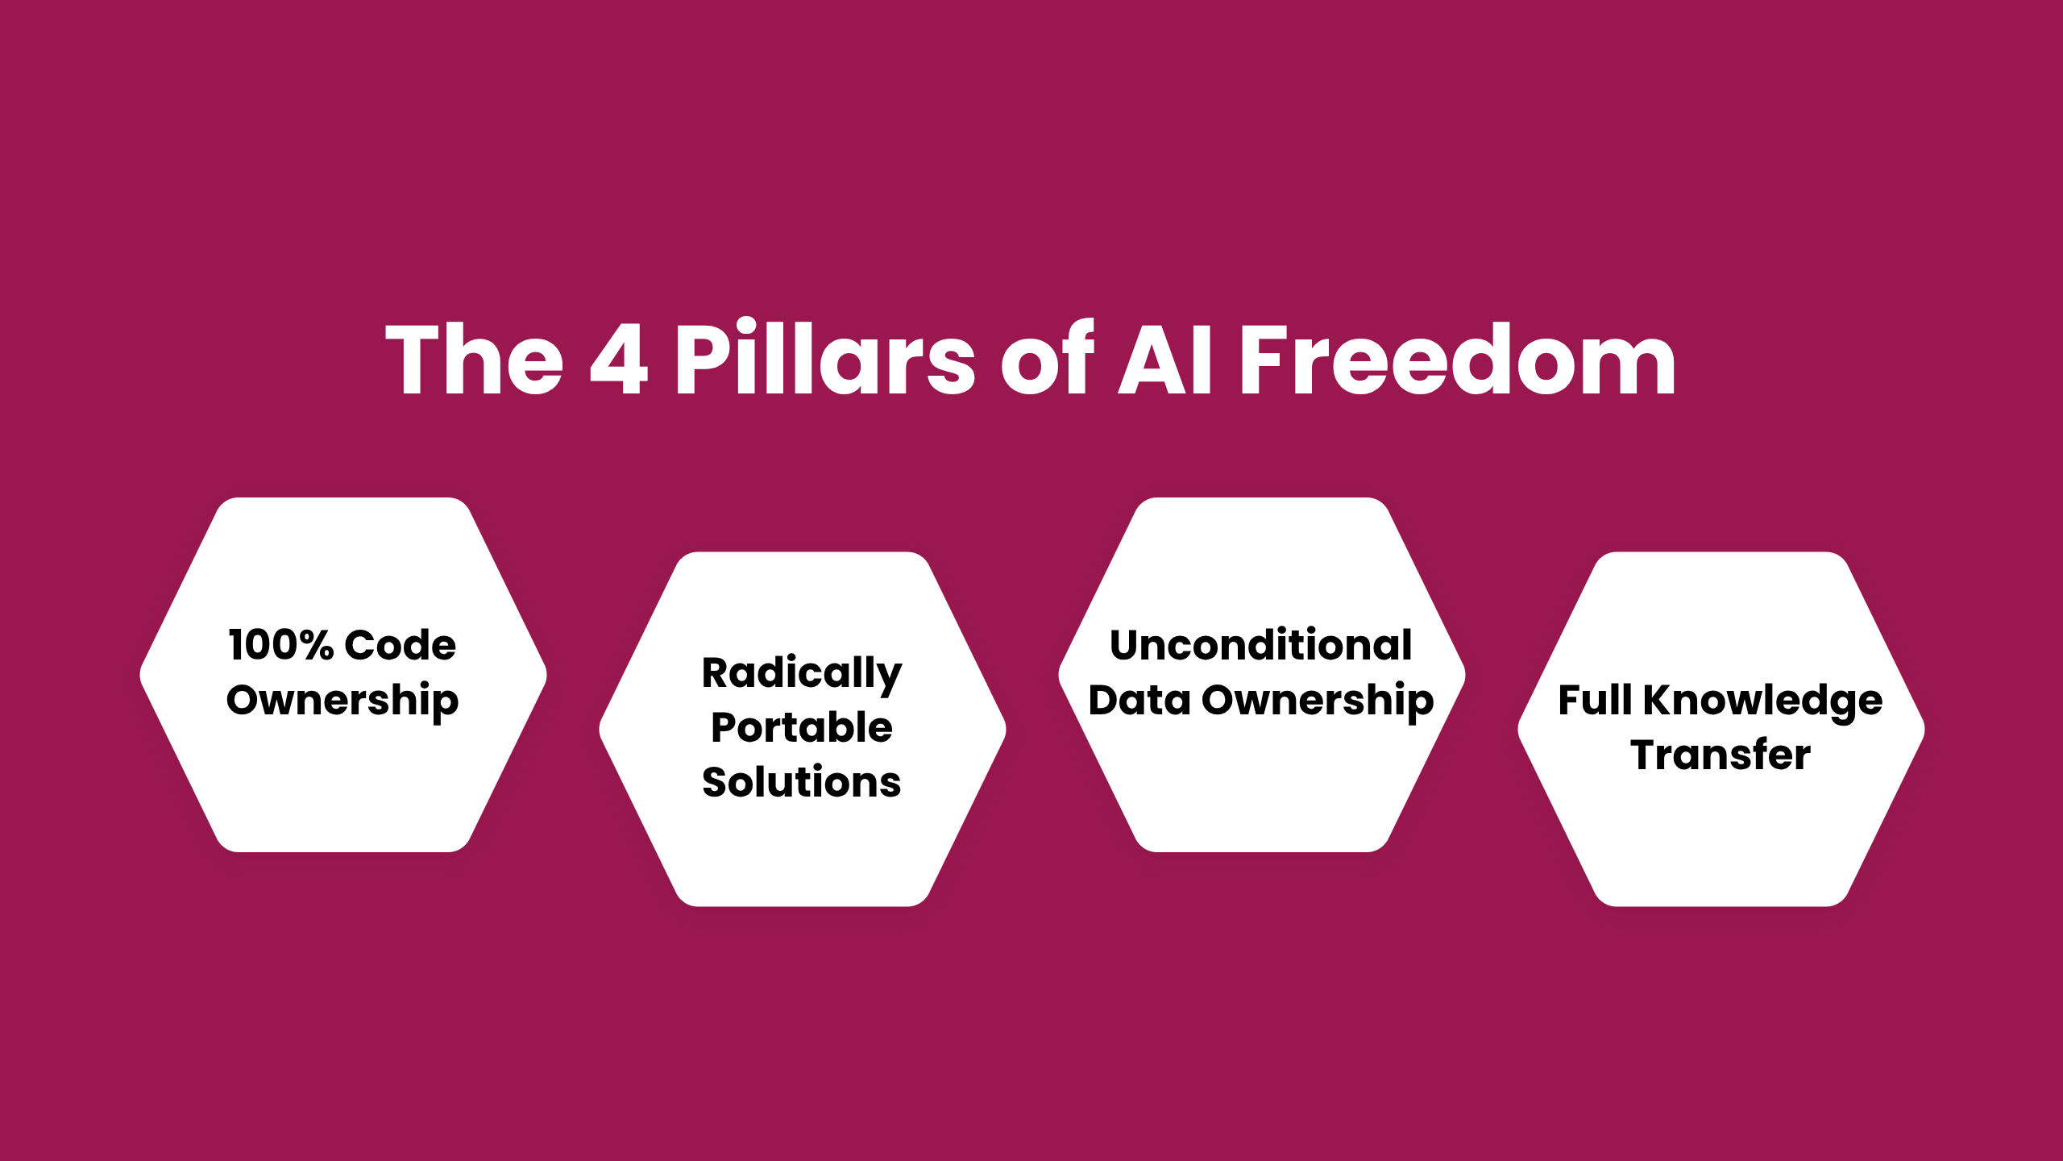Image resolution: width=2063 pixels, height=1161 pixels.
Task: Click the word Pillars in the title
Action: [825, 358]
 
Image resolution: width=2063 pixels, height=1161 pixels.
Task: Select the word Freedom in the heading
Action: [1458, 358]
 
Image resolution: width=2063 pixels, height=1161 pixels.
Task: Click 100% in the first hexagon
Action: [280, 645]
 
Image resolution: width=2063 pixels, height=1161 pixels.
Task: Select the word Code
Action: [401, 645]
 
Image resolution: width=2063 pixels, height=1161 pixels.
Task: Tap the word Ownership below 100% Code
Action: [342, 701]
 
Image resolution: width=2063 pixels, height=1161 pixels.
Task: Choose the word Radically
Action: [802, 674]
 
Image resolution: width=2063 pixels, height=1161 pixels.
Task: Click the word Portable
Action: [802, 727]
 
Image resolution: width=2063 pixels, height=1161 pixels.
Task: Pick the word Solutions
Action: [802, 782]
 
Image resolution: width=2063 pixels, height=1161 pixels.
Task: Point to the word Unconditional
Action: [1261, 645]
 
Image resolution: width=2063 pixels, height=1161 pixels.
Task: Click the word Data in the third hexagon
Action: [1139, 700]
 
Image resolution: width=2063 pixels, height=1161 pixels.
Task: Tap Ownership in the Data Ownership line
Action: [1318, 701]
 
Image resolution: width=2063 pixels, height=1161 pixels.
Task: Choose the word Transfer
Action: [1721, 755]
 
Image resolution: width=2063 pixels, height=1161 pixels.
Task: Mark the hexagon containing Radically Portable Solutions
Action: [803, 729]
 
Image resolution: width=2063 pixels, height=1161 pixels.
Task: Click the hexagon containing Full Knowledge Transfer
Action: [1721, 729]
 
